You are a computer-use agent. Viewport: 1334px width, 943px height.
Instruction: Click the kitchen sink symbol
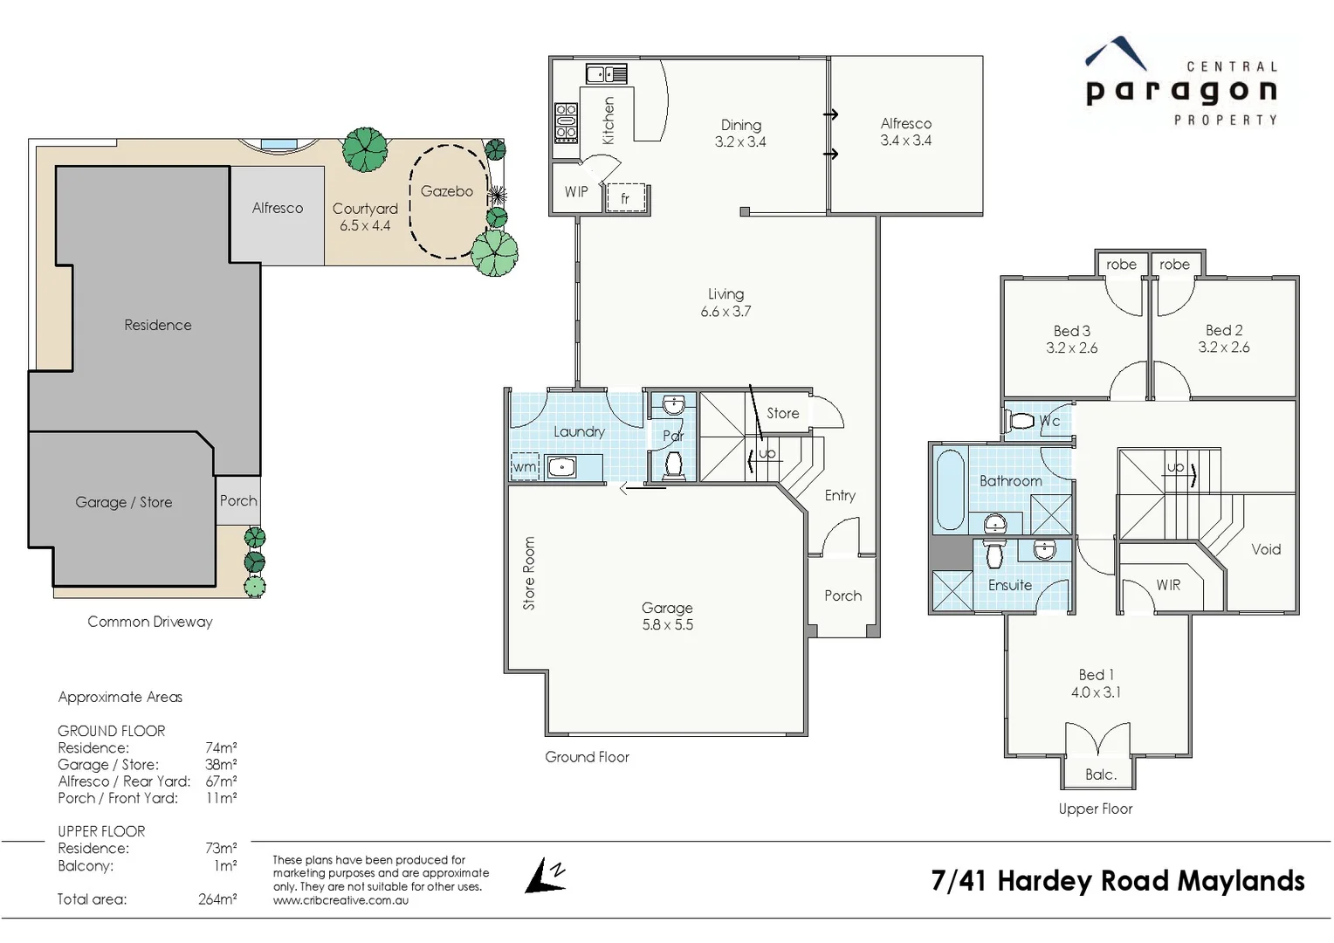pos(606,74)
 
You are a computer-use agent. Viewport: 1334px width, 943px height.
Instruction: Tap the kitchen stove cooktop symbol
pos(566,122)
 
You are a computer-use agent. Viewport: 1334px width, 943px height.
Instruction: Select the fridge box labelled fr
pos(625,198)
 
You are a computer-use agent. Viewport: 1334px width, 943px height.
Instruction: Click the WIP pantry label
pos(576,192)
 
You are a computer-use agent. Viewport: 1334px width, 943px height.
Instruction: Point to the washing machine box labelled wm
pos(525,467)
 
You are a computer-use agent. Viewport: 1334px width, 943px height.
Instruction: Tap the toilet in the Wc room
pos(1021,422)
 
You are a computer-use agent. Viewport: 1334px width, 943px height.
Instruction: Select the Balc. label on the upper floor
pos(1100,774)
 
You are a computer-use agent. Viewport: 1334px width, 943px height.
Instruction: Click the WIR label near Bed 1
pos(1168,585)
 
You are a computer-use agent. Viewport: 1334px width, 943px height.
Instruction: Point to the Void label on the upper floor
pos(1266,549)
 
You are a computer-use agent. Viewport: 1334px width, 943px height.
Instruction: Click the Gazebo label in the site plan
pos(446,191)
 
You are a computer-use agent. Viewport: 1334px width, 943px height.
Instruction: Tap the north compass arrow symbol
pos(546,876)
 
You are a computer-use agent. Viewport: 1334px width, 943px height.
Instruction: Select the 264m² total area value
pos(217,899)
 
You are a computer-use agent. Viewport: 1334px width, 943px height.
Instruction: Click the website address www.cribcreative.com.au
pos(340,900)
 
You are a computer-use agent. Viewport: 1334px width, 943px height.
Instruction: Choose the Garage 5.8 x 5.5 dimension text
pos(667,625)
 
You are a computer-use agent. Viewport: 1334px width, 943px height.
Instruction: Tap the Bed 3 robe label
pos(1121,265)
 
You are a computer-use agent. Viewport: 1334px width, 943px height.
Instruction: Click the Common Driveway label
pos(150,622)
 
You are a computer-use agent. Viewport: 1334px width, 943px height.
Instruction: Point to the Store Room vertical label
pos(528,573)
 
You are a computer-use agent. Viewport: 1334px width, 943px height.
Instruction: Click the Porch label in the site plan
pos(238,501)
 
